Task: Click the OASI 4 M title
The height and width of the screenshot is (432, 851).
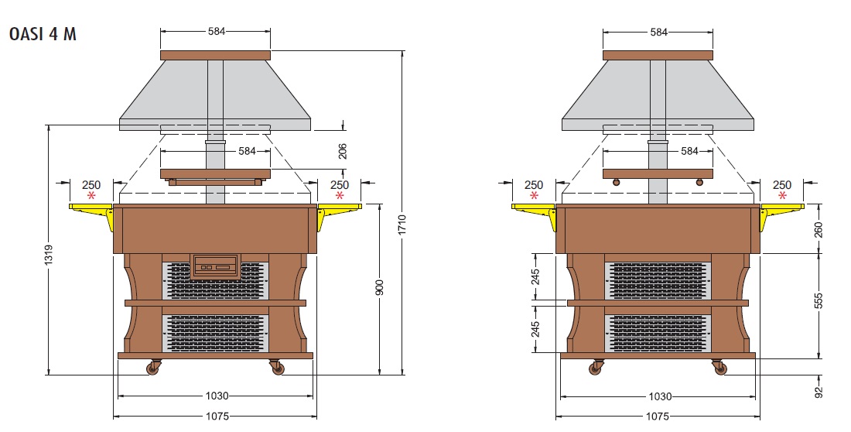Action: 43,34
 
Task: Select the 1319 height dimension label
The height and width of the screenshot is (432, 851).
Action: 48,254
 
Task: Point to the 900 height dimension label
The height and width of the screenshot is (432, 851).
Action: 379,287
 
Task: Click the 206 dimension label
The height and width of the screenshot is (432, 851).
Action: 343,151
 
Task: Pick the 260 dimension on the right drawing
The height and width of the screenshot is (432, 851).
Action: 819,229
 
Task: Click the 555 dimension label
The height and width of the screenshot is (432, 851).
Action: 819,300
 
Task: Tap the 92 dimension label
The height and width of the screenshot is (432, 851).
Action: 819,392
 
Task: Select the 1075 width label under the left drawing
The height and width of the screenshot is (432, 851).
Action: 217,417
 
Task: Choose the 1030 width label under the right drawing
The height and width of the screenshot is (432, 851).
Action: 660,396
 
